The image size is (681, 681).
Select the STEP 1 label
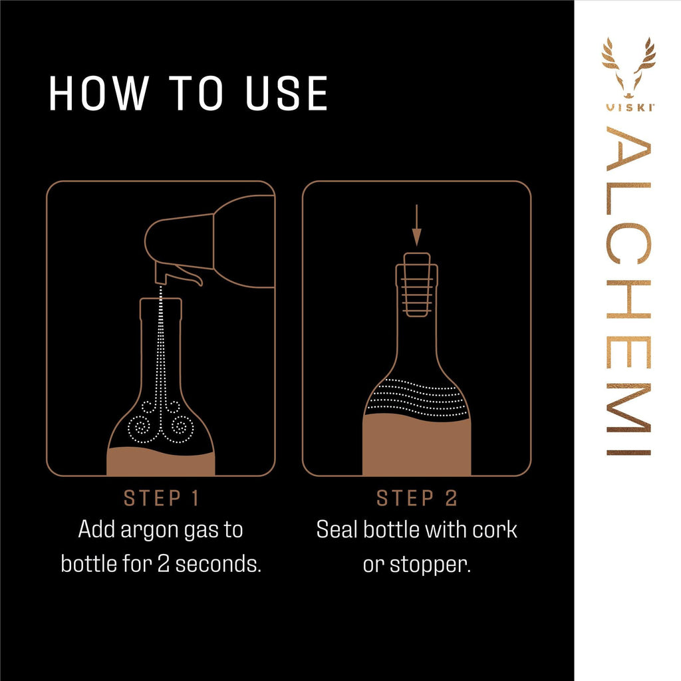tap(160, 498)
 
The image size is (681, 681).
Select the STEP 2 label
tap(416, 498)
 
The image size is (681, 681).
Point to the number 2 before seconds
tap(164, 564)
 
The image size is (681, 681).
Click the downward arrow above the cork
tap(416, 227)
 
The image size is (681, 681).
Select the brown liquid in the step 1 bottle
tap(160, 462)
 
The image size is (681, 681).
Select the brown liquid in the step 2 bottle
tap(416, 446)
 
